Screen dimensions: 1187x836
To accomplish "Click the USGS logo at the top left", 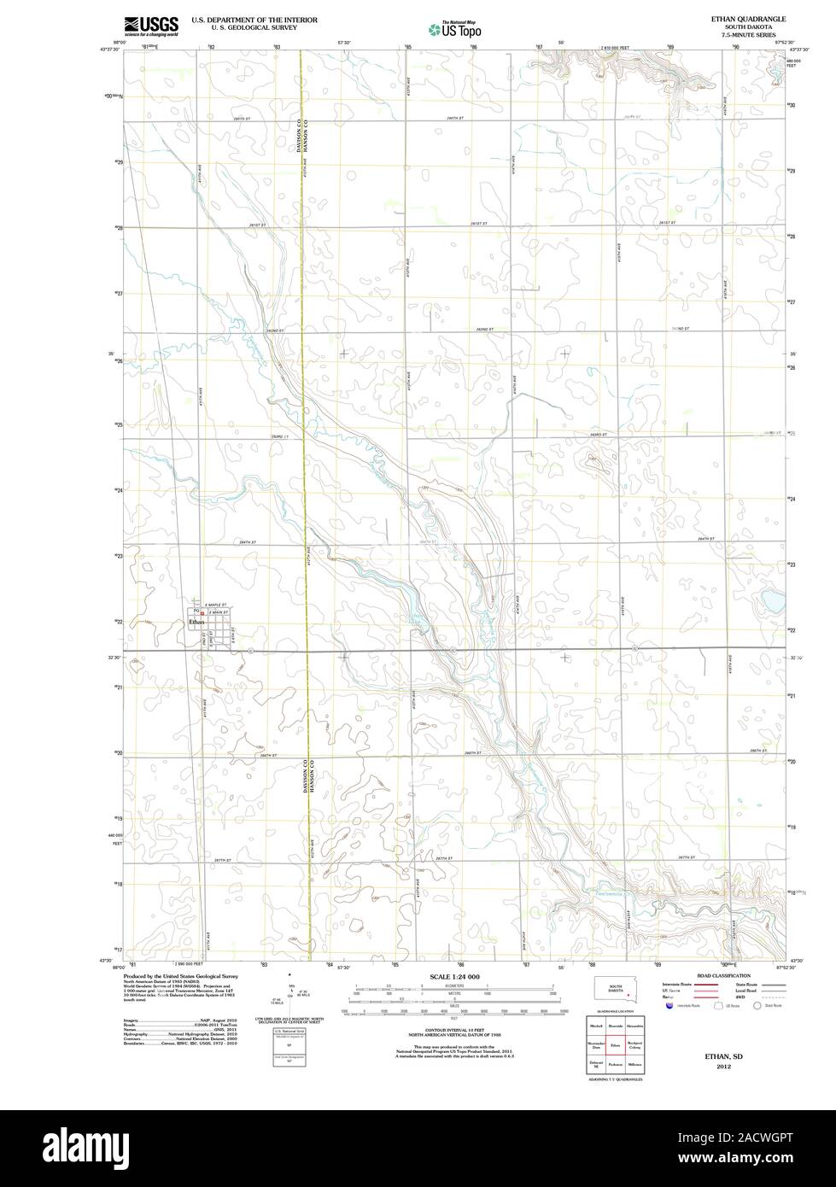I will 150,26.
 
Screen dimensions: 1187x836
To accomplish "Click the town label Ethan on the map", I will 196,622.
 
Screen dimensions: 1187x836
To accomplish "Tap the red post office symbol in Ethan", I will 202,612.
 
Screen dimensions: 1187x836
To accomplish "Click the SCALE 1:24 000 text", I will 454,976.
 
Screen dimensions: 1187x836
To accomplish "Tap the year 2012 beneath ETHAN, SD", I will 723,1067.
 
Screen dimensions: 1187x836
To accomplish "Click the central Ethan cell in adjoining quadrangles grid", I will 615,1045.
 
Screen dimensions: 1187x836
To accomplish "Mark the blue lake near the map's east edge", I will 772,602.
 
